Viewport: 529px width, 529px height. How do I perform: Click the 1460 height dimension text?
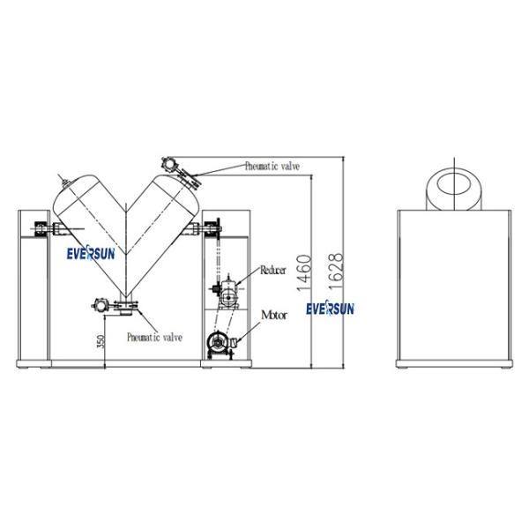point(303,272)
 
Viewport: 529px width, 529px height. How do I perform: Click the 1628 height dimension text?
point(336,272)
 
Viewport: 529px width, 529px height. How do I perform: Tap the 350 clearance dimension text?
point(101,341)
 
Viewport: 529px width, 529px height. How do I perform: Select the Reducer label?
point(273,270)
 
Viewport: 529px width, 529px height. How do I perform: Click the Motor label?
point(274,315)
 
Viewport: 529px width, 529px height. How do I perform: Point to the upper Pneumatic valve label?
point(272,166)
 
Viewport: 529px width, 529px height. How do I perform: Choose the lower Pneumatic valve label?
point(154,337)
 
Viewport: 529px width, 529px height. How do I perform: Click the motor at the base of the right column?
point(220,345)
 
